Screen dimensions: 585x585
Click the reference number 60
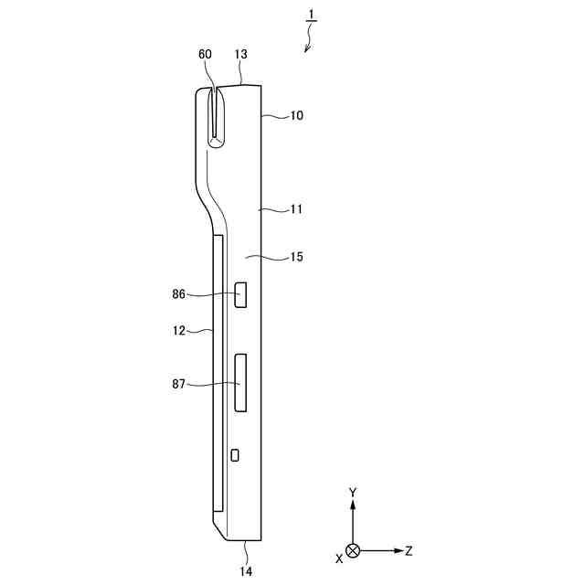[x=205, y=55]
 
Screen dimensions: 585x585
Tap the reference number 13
[x=240, y=55]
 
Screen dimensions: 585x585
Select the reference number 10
[x=297, y=116]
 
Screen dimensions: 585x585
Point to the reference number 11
[x=296, y=209]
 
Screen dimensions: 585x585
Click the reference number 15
[x=296, y=258]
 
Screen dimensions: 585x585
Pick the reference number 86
[x=178, y=294]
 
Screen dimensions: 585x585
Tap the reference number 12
[x=179, y=331]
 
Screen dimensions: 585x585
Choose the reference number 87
[x=178, y=385]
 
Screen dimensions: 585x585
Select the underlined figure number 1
[x=311, y=16]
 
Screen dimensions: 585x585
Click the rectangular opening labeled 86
[x=242, y=295]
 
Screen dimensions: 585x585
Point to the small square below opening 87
[x=235, y=454]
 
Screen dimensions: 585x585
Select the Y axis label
[x=353, y=493]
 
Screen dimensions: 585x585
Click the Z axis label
[x=409, y=551]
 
